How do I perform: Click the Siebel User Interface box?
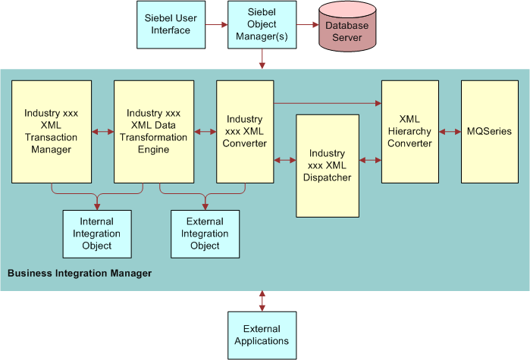(x=171, y=24)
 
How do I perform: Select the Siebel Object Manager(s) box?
(x=262, y=25)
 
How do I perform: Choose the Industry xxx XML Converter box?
(x=244, y=132)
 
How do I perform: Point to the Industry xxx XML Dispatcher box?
(x=327, y=165)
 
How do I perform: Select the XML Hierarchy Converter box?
(x=410, y=132)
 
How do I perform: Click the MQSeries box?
(x=490, y=132)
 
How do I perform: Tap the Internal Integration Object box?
(x=97, y=233)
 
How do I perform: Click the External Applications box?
(x=262, y=334)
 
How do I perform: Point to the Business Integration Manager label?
(x=79, y=273)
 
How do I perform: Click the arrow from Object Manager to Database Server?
(x=306, y=25)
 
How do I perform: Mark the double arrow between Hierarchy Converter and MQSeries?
(x=450, y=132)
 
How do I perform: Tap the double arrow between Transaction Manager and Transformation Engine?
(x=101, y=132)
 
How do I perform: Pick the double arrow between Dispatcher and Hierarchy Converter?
(x=370, y=160)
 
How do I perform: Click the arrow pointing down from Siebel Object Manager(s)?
(x=262, y=59)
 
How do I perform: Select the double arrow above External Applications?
(x=262, y=300)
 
